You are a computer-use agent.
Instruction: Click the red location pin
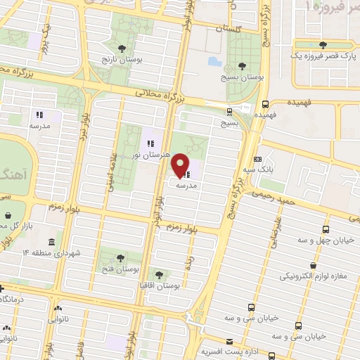[181, 165]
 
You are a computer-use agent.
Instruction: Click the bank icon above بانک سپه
[258, 160]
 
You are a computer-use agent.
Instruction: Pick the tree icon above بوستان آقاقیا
[159, 275]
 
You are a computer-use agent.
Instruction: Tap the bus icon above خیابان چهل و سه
[326, 229]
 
